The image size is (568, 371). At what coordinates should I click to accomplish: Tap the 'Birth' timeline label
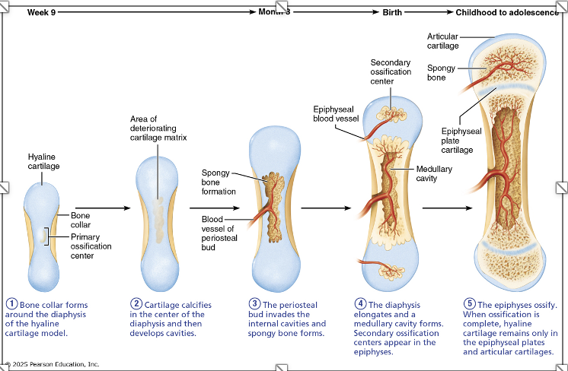(x=391, y=12)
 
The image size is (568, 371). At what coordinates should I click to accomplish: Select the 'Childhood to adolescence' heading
(x=506, y=12)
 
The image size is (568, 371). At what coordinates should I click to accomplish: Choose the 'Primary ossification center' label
(x=91, y=246)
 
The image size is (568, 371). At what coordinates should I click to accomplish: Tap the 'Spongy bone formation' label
(x=219, y=182)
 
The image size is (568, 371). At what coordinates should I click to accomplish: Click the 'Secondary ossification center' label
(x=391, y=71)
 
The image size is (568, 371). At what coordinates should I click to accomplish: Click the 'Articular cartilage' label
(x=443, y=41)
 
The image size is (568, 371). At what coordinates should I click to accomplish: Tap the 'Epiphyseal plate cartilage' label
(x=461, y=141)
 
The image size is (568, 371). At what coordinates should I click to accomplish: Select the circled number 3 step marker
(x=255, y=303)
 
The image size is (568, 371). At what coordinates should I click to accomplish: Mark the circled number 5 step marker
(x=469, y=303)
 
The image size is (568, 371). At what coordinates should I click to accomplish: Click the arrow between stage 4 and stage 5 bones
(x=445, y=207)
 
